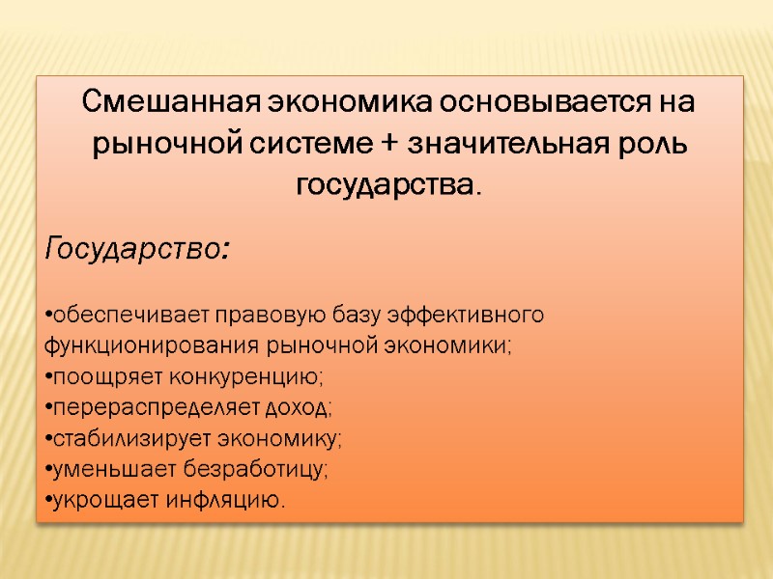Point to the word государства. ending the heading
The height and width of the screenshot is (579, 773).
point(386,184)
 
